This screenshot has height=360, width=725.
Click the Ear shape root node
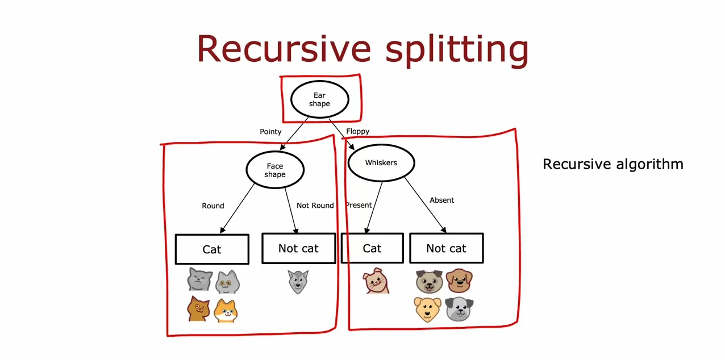click(x=319, y=99)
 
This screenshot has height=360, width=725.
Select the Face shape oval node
click(x=275, y=170)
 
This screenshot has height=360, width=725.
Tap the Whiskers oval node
click(x=381, y=163)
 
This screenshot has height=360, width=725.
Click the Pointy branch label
click(x=270, y=132)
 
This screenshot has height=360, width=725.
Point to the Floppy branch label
click(x=357, y=131)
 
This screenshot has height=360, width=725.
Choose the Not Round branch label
click(x=315, y=206)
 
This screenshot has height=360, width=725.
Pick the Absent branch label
click(x=441, y=200)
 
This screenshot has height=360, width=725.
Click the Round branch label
click(x=213, y=206)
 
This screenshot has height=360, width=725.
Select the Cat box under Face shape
click(x=212, y=249)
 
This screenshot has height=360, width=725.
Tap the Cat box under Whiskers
click(x=372, y=248)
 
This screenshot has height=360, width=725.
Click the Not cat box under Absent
click(x=447, y=248)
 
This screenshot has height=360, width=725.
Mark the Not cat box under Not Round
click(x=298, y=248)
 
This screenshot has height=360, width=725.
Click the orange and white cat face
click(x=226, y=311)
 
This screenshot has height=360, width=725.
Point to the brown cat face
click(x=198, y=309)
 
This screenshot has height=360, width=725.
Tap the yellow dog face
click(x=427, y=309)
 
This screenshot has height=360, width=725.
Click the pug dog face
click(x=429, y=281)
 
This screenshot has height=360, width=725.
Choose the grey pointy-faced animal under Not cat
click(x=298, y=282)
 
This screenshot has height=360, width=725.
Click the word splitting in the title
click(x=457, y=49)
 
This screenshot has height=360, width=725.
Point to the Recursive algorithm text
click(x=613, y=164)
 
